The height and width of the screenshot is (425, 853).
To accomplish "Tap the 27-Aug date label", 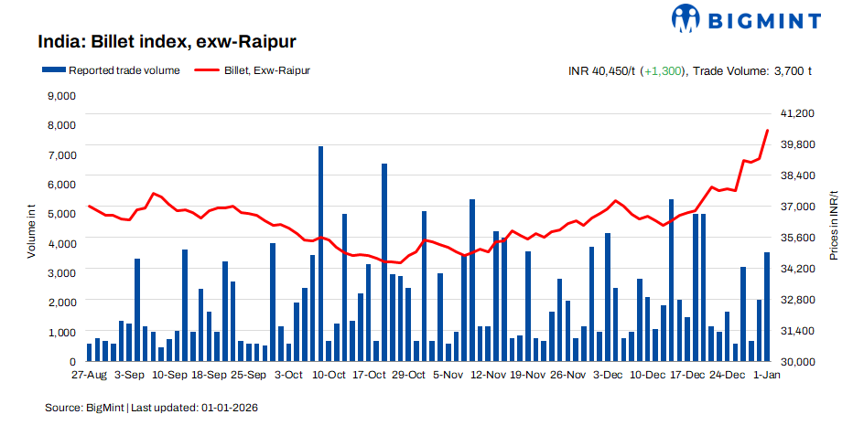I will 90,375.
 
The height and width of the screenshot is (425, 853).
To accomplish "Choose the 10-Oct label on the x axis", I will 329,375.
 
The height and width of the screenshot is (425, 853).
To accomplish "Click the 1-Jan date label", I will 766,375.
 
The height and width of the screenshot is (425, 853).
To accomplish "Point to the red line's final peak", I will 767,131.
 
